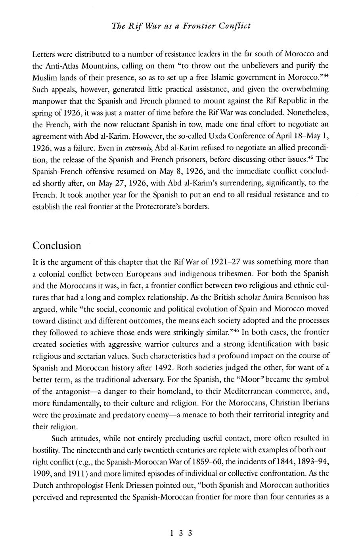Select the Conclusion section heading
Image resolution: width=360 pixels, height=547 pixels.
point(57,246)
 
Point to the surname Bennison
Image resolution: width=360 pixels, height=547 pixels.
point(310,297)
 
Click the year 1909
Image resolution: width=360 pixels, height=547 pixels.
point(42,473)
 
